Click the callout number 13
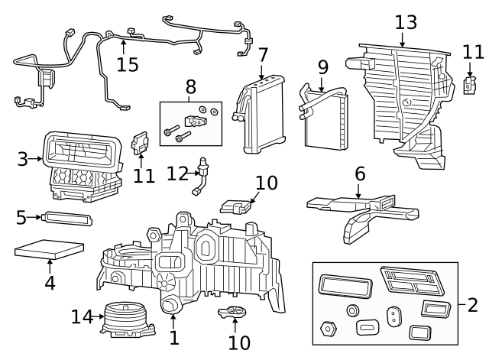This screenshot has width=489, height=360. click(x=406, y=21)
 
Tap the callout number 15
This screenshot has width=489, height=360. click(x=128, y=63)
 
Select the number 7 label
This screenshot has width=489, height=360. click(x=263, y=56)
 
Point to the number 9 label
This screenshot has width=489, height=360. click(x=322, y=68)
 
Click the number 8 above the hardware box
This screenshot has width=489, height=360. click(x=189, y=86)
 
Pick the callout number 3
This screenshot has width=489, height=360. click(x=23, y=159)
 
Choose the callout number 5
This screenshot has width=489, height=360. click(x=21, y=218)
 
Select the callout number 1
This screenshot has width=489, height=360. click(x=174, y=337)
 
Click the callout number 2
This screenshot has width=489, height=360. click(x=471, y=305)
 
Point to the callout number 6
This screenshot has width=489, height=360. click(x=360, y=175)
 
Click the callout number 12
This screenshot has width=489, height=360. click(x=177, y=174)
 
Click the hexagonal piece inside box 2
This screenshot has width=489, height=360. click(x=330, y=329)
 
